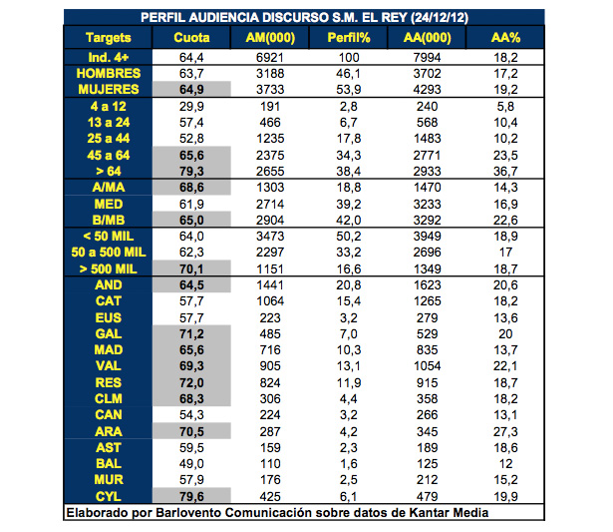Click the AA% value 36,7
pos(506,171)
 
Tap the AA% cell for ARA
pos(506,430)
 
